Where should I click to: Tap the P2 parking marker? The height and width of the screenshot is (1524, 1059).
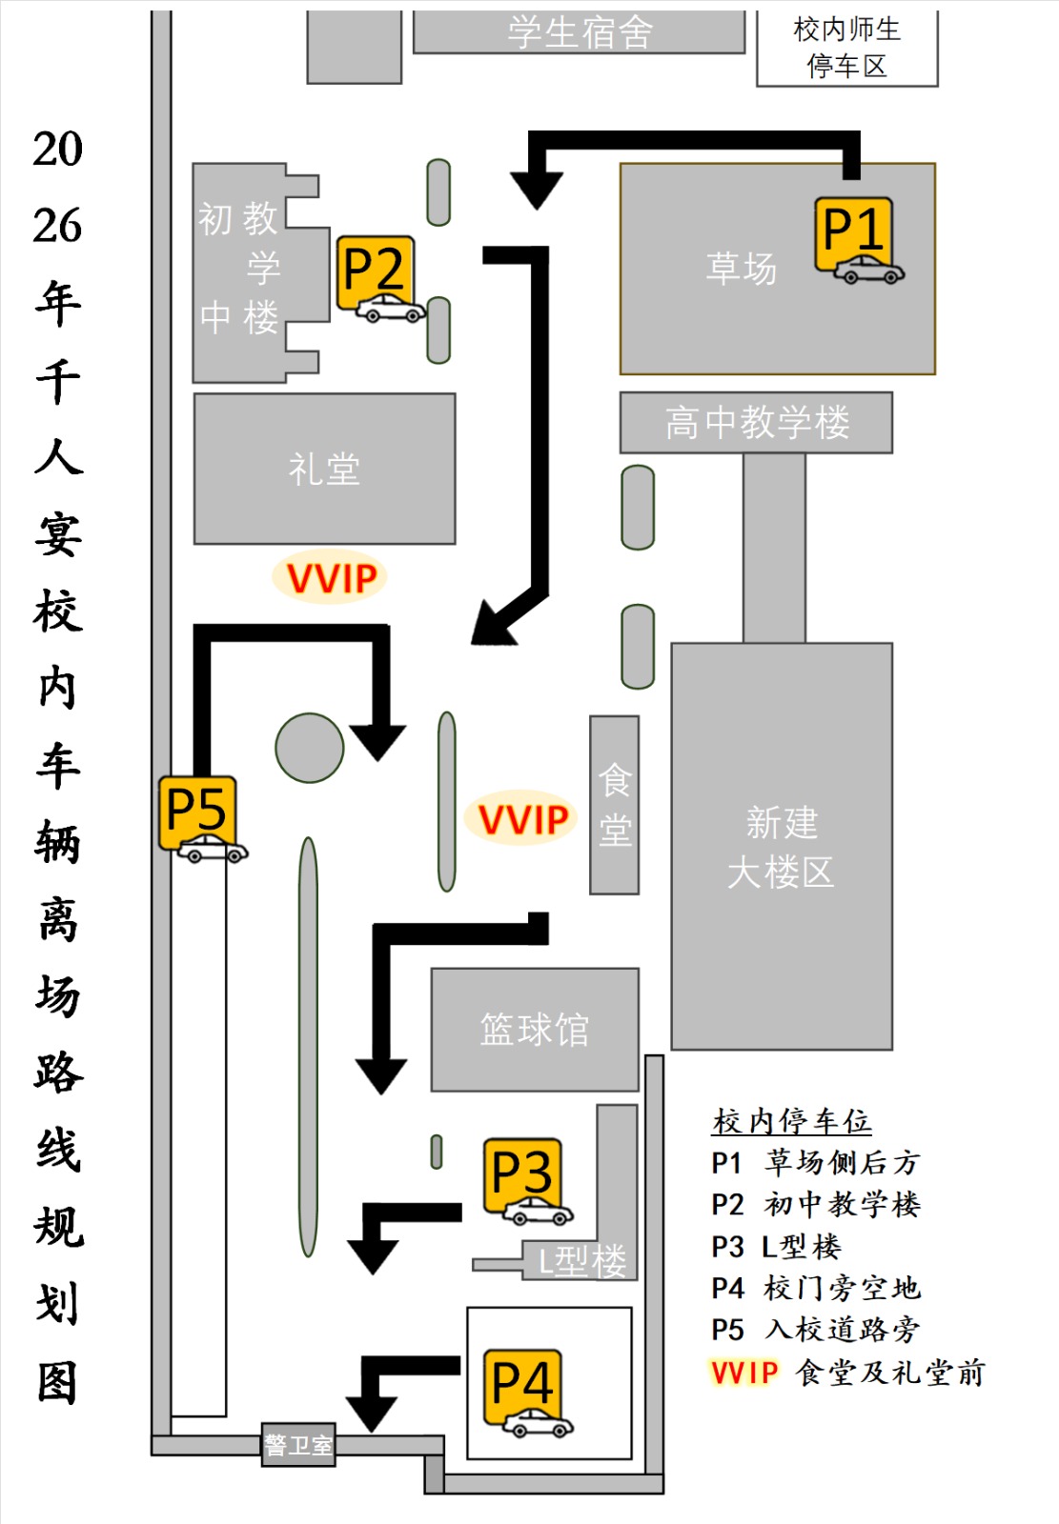click(377, 276)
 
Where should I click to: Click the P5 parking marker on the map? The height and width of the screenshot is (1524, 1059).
click(197, 815)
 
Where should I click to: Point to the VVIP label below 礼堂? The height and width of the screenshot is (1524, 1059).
click(331, 577)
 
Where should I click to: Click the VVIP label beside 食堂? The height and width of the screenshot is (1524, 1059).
click(522, 819)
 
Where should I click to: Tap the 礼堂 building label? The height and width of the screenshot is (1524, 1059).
click(324, 469)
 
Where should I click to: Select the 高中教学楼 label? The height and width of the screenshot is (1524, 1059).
click(757, 422)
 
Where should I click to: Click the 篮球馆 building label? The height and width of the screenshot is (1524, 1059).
click(534, 1030)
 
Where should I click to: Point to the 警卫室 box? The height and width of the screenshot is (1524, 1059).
click(298, 1445)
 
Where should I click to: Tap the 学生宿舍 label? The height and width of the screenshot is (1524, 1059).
click(579, 32)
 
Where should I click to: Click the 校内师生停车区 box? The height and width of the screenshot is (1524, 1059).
click(846, 48)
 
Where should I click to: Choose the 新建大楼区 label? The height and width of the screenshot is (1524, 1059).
click(782, 847)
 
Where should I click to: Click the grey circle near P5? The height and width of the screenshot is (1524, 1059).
click(310, 748)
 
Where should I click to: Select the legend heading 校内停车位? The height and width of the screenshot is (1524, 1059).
click(791, 1121)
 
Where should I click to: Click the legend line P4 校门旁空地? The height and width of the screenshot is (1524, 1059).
click(815, 1289)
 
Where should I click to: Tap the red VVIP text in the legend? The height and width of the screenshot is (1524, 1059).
click(744, 1373)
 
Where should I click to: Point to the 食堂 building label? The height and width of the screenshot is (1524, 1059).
click(614, 805)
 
